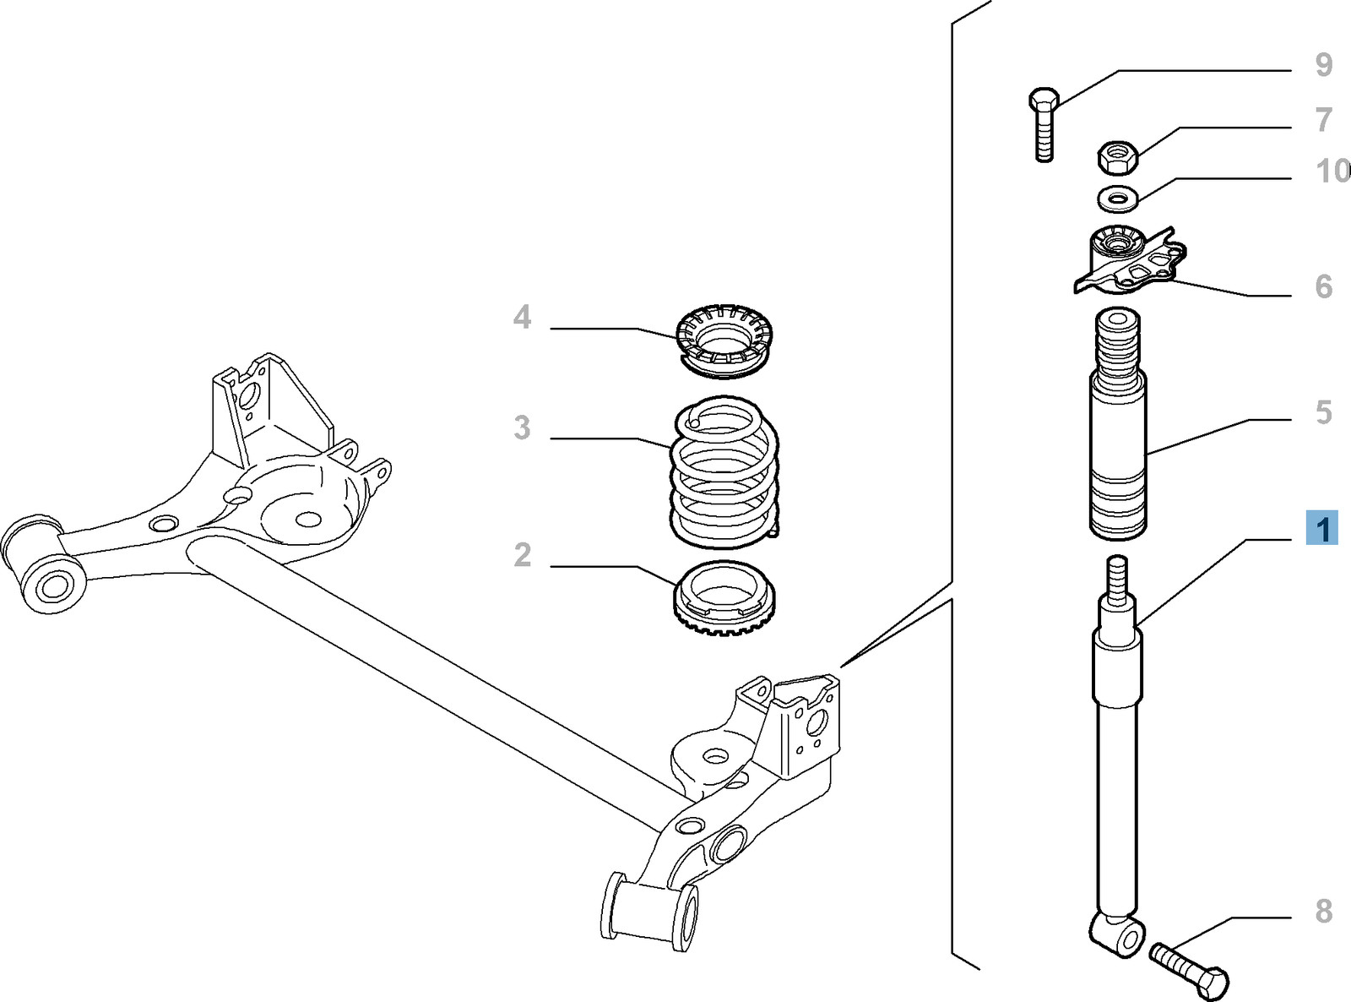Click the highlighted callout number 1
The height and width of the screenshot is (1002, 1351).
1322,529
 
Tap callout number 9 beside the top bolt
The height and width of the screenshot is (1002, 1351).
1323,65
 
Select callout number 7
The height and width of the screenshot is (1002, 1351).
1323,120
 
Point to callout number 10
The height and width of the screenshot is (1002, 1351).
1332,172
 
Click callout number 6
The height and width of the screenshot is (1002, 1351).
1323,287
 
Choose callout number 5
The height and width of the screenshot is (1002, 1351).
1323,413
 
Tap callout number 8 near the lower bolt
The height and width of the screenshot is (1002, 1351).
1323,912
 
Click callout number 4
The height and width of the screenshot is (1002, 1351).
523,318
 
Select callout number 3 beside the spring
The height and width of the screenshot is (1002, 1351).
523,428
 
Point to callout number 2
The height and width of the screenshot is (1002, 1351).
523,555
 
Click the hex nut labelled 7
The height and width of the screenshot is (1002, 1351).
1118,155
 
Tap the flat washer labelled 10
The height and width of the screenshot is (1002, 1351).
1118,199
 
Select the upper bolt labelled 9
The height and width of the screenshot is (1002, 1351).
1044,123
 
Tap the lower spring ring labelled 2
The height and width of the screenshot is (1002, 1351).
724,596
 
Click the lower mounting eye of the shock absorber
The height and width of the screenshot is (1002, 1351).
1116,934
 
